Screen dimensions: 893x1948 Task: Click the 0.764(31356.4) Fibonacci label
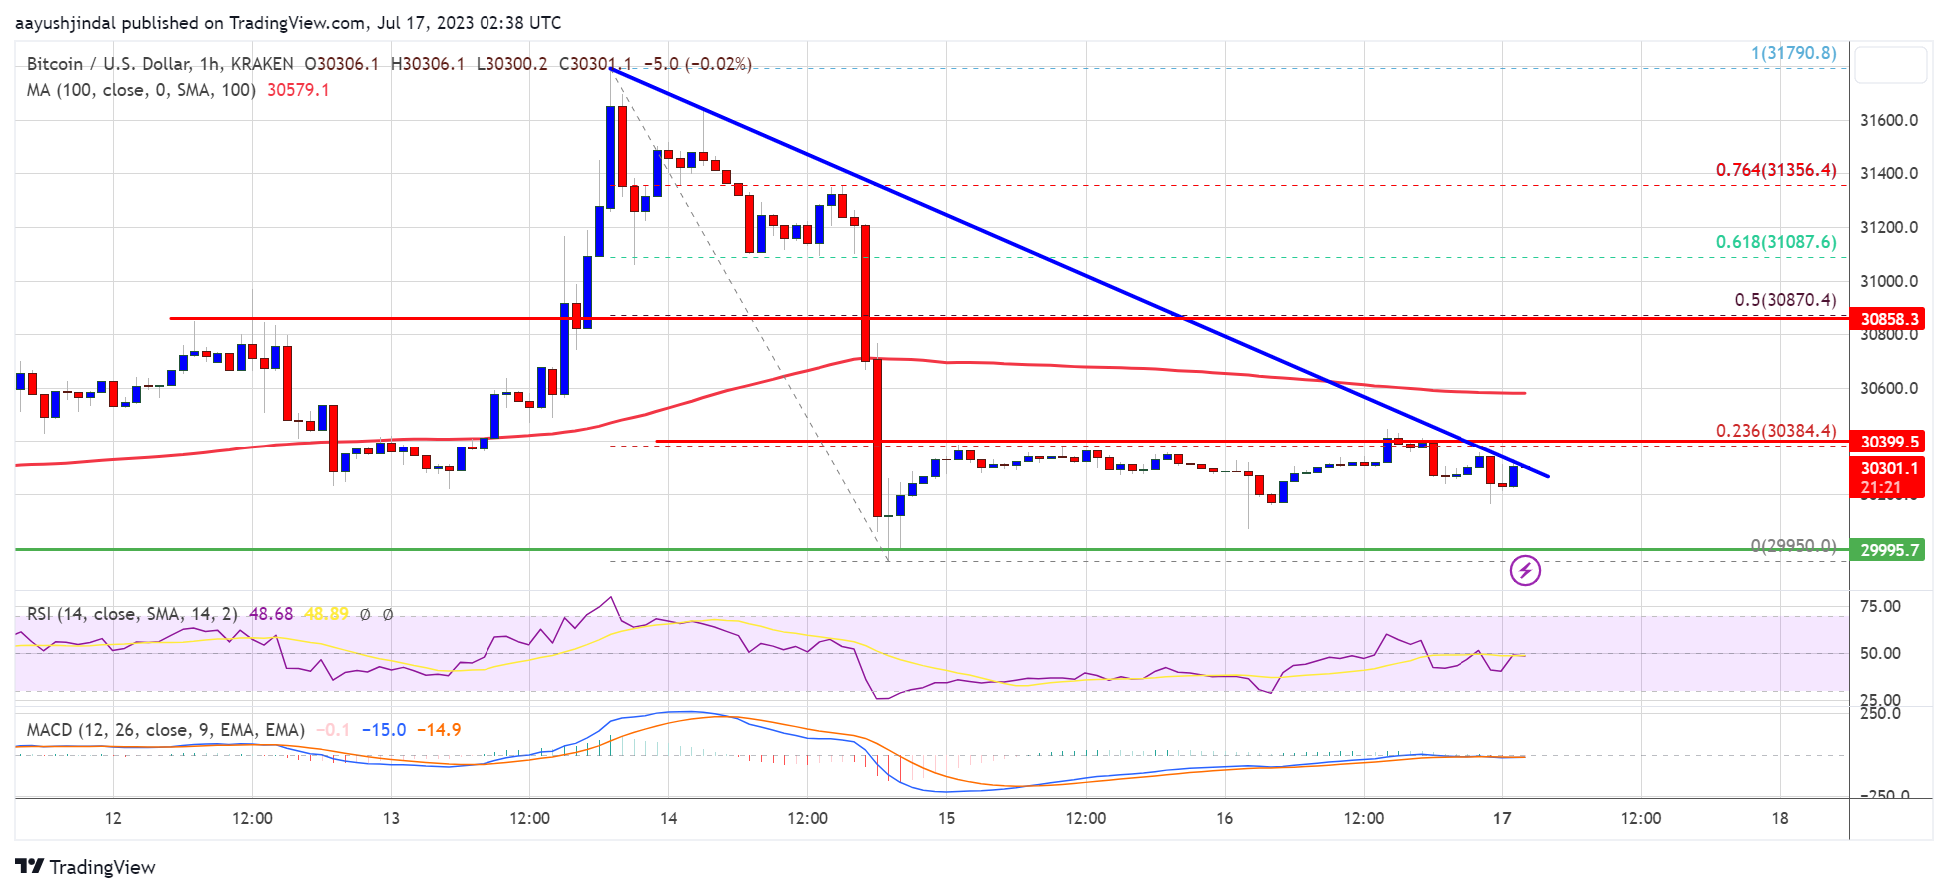pyautogui.click(x=1775, y=170)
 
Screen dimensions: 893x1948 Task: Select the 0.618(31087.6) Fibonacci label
pyautogui.click(x=1775, y=242)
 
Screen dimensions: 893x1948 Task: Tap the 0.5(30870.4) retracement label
pyautogui.click(x=1784, y=300)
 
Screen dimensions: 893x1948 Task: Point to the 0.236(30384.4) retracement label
pyautogui.click(x=1775, y=431)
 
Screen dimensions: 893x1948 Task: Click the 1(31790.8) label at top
pyautogui.click(x=1793, y=53)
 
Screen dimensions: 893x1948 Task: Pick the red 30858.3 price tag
pyautogui.click(x=1888, y=319)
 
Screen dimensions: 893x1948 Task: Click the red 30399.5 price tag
pyautogui.click(x=1888, y=442)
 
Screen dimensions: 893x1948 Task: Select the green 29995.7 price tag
pyautogui.click(x=1888, y=550)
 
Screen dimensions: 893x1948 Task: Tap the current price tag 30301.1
pyautogui.click(x=1888, y=468)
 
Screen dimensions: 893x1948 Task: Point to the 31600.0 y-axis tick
pyautogui.click(x=1888, y=120)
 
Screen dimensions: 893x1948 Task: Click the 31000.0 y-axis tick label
pyautogui.click(x=1888, y=281)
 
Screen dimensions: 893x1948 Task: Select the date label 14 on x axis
pyautogui.click(x=668, y=818)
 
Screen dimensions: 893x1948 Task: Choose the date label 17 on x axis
pyautogui.click(x=1501, y=818)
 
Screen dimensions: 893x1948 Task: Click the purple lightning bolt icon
pyautogui.click(x=1525, y=571)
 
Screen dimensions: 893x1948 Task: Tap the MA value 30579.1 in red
pyautogui.click(x=298, y=90)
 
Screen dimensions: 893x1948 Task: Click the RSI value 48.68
pyautogui.click(x=271, y=614)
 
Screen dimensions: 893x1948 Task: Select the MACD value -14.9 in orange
pyautogui.click(x=439, y=730)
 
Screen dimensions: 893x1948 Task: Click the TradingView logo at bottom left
pyautogui.click(x=86, y=867)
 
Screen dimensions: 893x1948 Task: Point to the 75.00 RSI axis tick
pyautogui.click(x=1879, y=606)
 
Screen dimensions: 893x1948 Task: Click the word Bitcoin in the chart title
pyautogui.click(x=55, y=64)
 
